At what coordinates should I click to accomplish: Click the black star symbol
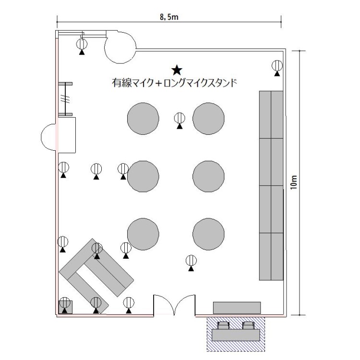click(177, 70)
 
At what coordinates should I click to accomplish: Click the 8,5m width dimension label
click(169, 17)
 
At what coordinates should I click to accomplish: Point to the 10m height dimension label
click(294, 182)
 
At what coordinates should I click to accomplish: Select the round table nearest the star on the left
click(143, 119)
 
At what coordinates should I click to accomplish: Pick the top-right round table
click(208, 119)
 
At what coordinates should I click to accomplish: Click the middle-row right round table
click(208, 176)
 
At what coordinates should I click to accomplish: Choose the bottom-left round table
click(143, 234)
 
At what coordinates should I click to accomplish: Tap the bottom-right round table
click(208, 234)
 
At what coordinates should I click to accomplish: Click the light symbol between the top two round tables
click(180, 120)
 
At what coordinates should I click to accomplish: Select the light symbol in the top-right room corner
click(277, 68)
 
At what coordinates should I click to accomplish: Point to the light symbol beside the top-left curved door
click(82, 47)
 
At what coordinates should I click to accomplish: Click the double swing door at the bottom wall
click(175, 304)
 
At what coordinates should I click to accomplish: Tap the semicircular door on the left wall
click(48, 137)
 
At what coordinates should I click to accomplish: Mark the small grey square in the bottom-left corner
click(65, 307)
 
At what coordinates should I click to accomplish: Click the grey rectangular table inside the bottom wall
click(237, 308)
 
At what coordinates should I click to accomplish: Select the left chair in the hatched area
click(223, 325)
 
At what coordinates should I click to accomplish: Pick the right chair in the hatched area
click(249, 325)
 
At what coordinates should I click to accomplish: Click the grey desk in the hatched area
click(236, 335)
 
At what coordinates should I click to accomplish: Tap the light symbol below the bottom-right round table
click(191, 263)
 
